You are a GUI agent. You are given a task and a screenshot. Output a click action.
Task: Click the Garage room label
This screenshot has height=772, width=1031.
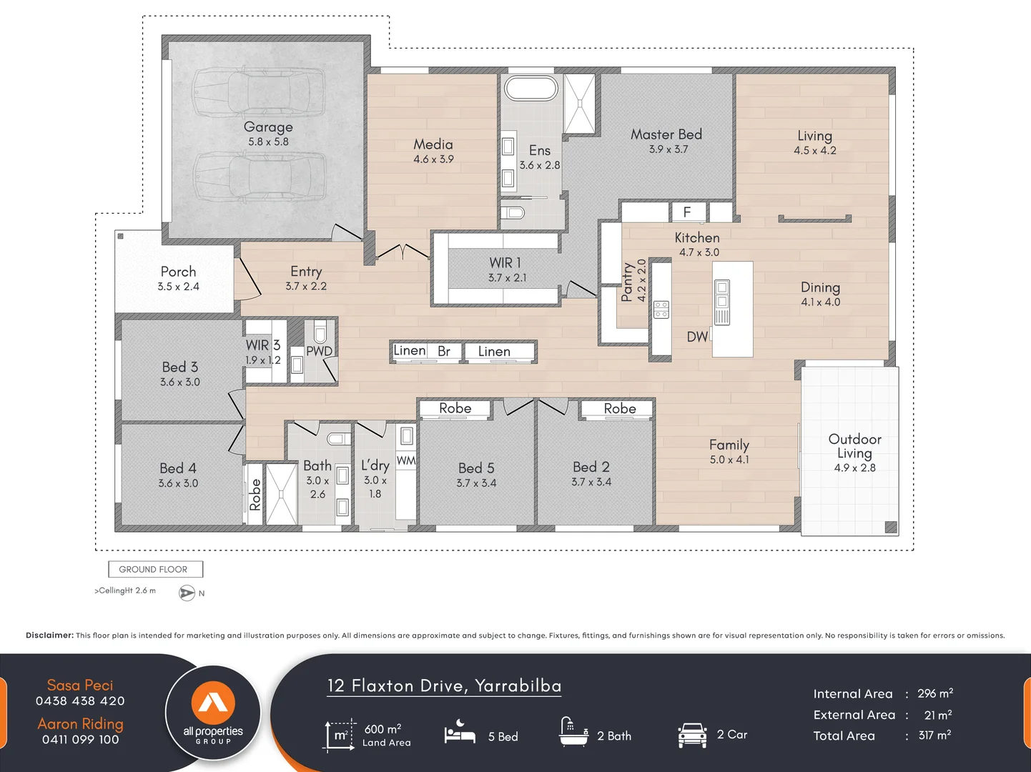point(268,127)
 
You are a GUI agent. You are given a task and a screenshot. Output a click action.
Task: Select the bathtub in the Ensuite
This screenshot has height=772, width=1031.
point(531,89)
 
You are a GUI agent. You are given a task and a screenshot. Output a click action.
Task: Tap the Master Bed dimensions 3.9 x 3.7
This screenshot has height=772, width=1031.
point(669,149)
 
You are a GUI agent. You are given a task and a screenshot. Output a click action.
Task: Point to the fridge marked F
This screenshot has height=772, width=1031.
point(686,212)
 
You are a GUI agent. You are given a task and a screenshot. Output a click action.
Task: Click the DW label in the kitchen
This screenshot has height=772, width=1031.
point(697,337)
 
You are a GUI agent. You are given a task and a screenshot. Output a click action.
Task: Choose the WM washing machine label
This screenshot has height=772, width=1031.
point(405,461)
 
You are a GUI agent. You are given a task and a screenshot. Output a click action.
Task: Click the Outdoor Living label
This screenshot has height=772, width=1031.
point(854,446)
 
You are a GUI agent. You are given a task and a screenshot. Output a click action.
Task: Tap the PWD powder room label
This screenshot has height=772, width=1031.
point(319,351)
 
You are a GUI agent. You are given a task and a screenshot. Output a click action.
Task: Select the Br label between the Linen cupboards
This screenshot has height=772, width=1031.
point(444,351)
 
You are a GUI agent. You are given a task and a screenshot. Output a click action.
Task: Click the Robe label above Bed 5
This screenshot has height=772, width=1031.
point(455,408)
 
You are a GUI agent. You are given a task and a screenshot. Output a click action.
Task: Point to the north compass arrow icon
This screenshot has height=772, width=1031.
point(187,593)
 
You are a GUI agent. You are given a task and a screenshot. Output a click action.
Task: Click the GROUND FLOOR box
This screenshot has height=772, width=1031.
point(155,569)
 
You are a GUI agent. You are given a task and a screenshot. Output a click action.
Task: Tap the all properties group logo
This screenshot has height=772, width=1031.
point(213,713)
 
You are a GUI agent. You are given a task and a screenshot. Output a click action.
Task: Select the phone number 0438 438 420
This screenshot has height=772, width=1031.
point(80,701)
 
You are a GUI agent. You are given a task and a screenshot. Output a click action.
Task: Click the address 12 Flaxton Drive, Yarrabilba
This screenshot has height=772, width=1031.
point(444,686)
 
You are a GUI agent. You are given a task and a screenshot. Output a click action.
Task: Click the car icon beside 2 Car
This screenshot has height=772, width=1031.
point(692,735)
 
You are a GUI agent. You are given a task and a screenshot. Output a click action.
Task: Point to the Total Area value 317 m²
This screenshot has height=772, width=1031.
point(934,736)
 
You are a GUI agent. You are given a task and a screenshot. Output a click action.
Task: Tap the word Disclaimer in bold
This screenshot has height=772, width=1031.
point(49,635)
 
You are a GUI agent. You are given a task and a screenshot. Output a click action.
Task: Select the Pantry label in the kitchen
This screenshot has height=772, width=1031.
point(627,282)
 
